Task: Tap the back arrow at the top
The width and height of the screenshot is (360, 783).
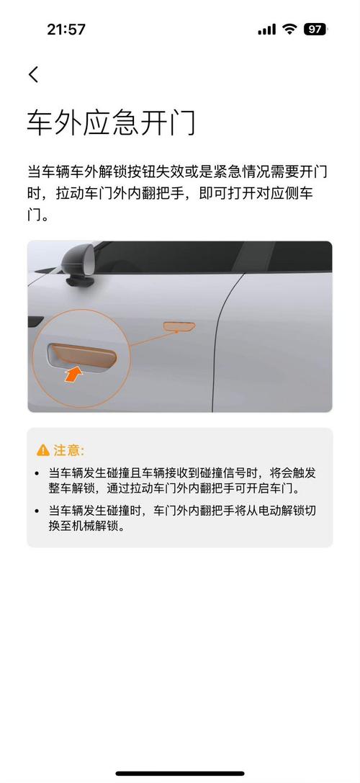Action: (x=33, y=73)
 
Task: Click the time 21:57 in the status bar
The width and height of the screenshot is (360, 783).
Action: (x=66, y=30)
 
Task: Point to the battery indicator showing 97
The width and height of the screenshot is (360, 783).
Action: (x=315, y=30)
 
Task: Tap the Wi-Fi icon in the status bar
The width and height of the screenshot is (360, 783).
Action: (x=289, y=30)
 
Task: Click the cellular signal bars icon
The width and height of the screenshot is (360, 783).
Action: (x=266, y=30)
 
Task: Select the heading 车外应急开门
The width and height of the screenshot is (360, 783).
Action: (x=111, y=123)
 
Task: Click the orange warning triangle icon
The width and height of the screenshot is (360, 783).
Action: (x=43, y=451)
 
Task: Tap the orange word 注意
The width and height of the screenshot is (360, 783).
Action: (x=69, y=451)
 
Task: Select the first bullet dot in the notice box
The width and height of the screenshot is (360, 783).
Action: (x=37, y=473)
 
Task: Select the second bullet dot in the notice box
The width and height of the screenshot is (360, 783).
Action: (x=37, y=511)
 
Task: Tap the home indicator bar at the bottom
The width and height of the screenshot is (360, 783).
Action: (x=180, y=774)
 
